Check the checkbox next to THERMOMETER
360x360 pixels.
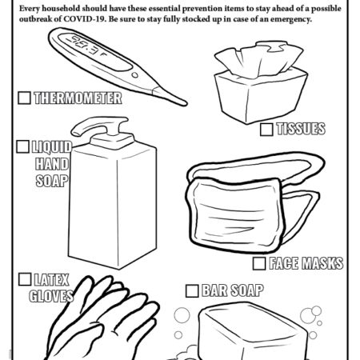pyautogui.click(x=24, y=98)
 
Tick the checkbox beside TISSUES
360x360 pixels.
pyautogui.click(x=266, y=129)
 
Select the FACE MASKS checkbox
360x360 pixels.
pyautogui.click(x=259, y=262)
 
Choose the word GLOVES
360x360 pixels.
pyautogui.click(x=51, y=296)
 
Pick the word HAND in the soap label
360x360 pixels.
pyautogui.click(x=51, y=163)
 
